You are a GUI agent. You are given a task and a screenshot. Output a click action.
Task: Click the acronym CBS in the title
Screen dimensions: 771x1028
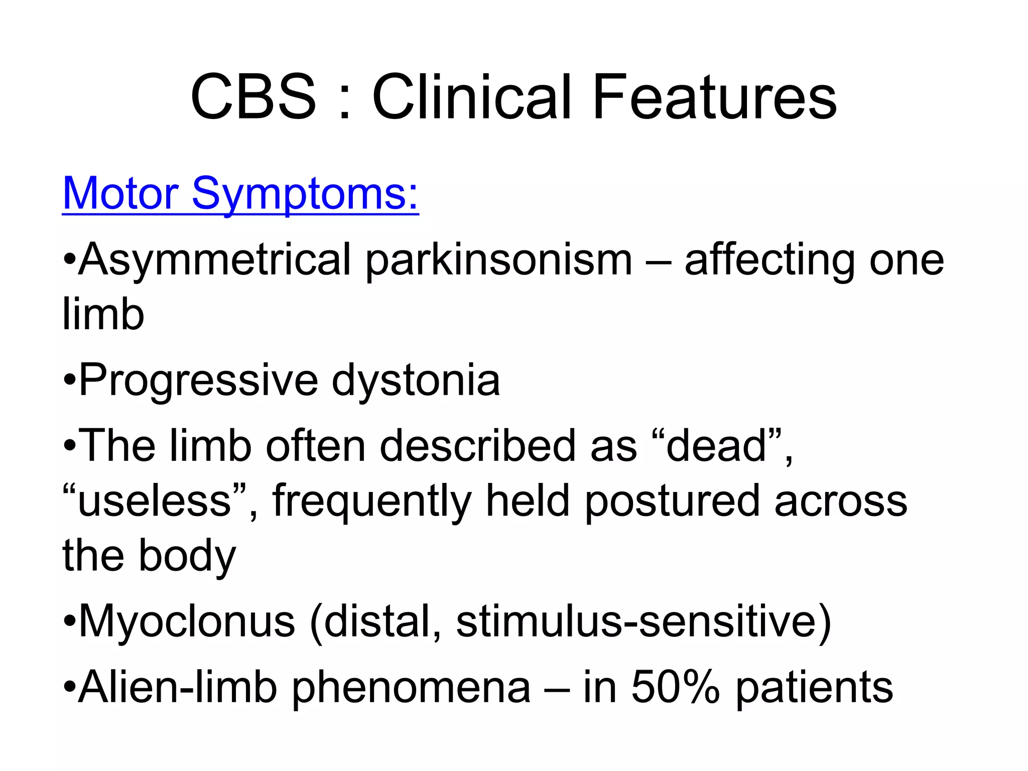pos(253,97)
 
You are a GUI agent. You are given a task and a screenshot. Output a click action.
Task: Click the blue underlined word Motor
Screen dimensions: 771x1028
pos(120,193)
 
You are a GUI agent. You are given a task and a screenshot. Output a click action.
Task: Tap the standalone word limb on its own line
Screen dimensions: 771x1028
pos(103,314)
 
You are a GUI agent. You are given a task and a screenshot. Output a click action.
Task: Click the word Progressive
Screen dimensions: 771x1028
pos(198,380)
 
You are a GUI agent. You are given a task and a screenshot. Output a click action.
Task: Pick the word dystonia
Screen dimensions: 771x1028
pos(416,380)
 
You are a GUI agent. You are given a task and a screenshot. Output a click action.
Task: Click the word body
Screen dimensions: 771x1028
pos(187,556)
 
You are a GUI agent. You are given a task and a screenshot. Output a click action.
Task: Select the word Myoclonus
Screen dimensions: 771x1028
pos(187,621)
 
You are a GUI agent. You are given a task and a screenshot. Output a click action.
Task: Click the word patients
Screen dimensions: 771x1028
pos(814,688)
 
